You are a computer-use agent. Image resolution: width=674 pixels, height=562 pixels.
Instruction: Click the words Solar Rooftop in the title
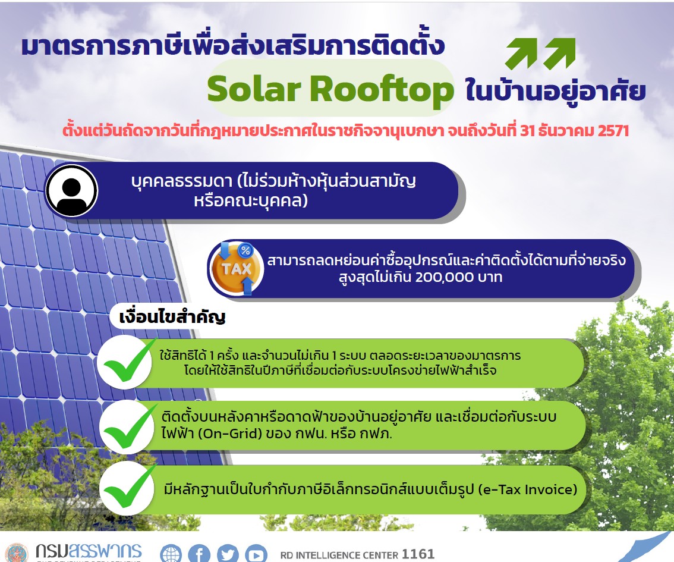(330, 90)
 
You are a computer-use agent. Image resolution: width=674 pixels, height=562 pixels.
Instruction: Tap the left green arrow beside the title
(522, 55)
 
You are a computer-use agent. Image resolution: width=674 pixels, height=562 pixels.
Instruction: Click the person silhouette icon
(71, 190)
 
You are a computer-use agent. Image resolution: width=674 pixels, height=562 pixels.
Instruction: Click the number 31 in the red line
(528, 131)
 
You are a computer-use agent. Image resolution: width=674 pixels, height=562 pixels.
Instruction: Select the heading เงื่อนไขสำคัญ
(172, 317)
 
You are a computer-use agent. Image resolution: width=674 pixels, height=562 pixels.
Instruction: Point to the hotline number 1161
(418, 554)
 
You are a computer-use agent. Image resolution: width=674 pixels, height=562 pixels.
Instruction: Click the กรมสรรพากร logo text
(88, 551)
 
